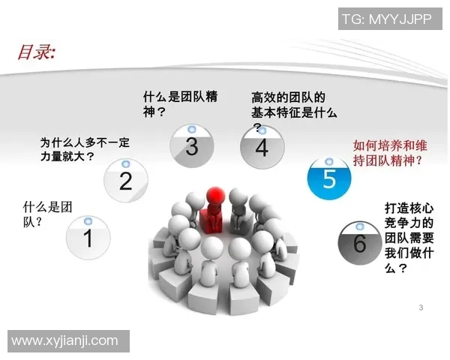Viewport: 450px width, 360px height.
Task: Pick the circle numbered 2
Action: pyautogui.click(x=126, y=180)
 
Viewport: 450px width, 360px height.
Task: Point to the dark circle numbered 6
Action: pyautogui.click(x=359, y=241)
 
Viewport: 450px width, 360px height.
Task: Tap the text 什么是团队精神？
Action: pyautogui.click(x=180, y=104)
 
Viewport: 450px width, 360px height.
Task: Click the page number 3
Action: pyautogui.click(x=421, y=307)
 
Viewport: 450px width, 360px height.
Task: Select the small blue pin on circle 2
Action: pyautogui.click(x=126, y=163)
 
